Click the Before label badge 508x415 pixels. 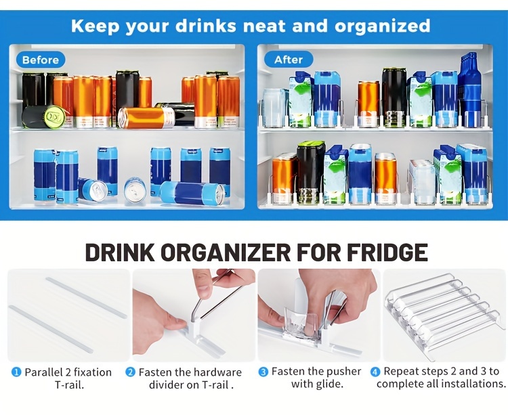pos(40,60)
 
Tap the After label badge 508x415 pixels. pos(288,60)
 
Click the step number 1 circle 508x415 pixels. pos(16,372)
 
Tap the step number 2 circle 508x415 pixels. pos(130,372)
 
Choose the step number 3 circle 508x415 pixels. pos(263,372)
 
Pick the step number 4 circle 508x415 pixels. pos(375,372)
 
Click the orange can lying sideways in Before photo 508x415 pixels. pos(146,117)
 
